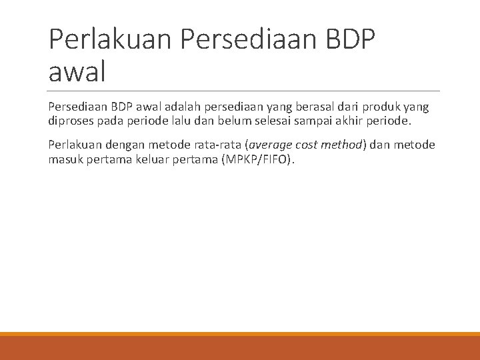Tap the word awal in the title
click(77, 71)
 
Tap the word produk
click(378, 107)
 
